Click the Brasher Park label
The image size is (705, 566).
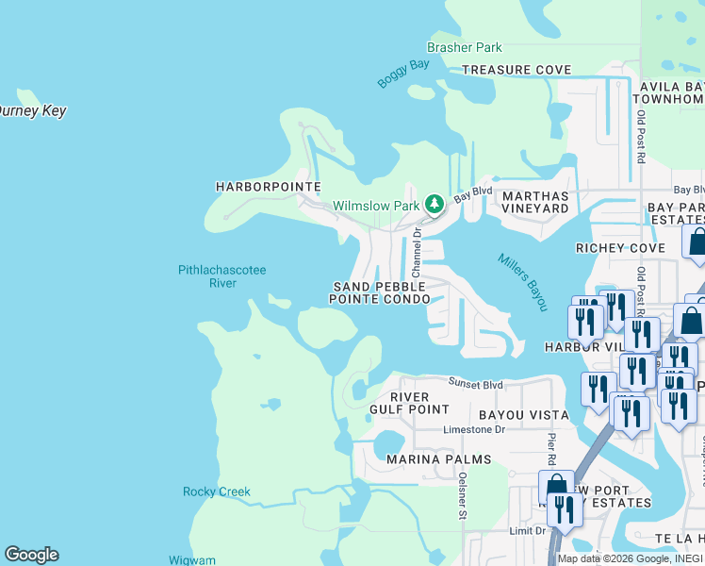465,47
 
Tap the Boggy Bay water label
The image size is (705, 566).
403,75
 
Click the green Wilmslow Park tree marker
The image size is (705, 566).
434,204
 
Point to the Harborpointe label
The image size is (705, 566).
269,187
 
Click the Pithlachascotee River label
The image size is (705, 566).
222,276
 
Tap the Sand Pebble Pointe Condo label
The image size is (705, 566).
379,292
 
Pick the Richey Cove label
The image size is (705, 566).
620,248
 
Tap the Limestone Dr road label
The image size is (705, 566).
474,429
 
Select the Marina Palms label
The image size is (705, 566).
438,459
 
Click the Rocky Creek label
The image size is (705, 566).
217,491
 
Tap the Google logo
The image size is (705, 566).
31,555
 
